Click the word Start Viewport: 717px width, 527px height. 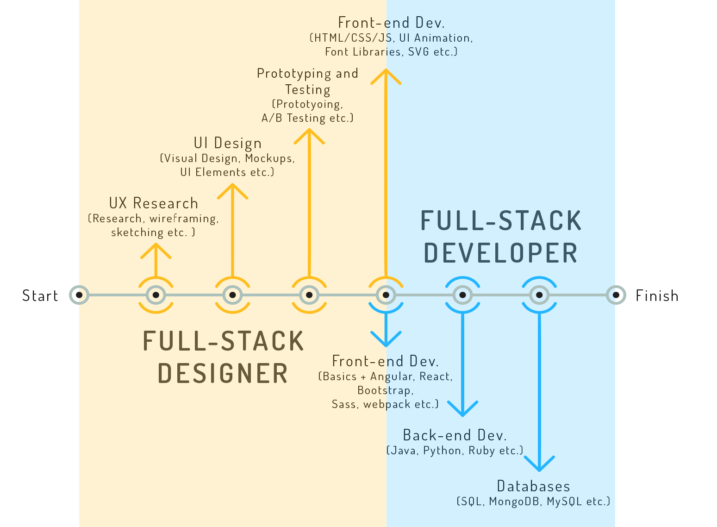40,295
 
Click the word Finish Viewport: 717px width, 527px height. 657,295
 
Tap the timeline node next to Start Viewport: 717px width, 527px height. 79,295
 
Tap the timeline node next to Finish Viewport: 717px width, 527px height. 616,295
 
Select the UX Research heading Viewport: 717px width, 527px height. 154,203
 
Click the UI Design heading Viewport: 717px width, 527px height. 228,143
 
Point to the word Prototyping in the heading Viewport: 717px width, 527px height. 294,74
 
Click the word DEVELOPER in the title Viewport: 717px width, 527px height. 501,253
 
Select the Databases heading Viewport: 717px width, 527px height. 533,486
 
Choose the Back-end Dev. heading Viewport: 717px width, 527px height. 455,435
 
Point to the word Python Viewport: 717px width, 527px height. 442,451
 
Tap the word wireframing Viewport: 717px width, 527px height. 184,219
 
